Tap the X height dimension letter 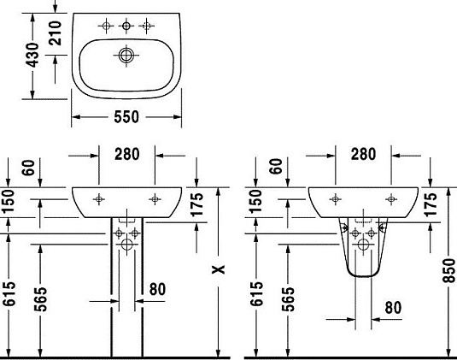(220, 269)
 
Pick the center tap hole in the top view (126, 27)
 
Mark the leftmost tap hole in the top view (107, 27)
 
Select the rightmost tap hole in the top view (146, 27)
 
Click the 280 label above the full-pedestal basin (126, 154)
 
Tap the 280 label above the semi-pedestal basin (363, 154)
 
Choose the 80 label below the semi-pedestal (393, 306)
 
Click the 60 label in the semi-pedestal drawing (274, 168)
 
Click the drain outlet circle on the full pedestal (126, 245)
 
